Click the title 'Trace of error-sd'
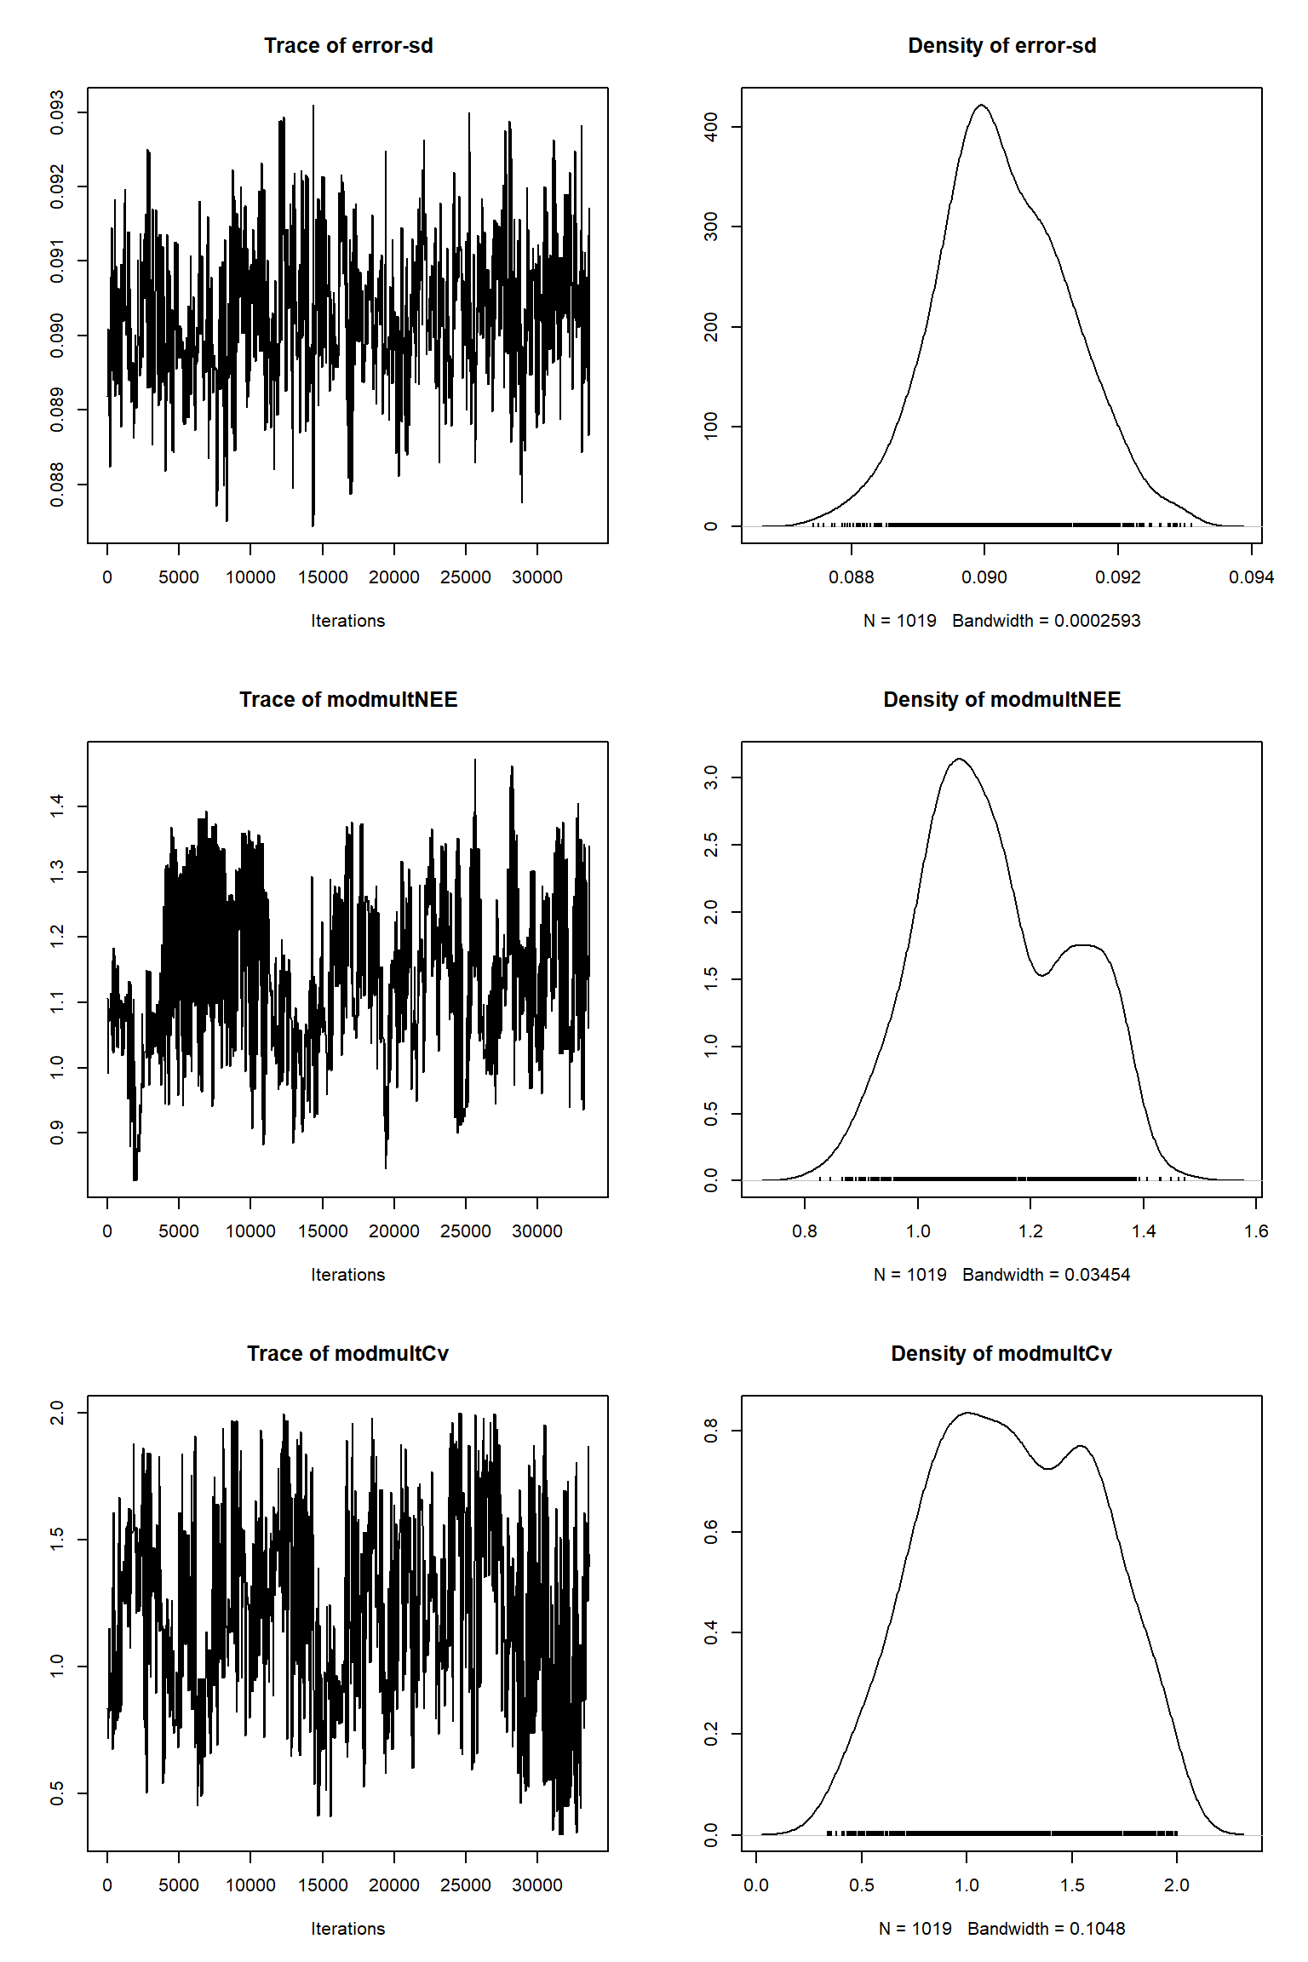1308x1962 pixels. point(348,46)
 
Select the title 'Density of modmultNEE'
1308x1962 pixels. point(1001,700)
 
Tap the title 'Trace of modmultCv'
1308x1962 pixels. point(347,1354)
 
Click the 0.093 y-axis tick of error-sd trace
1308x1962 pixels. point(57,112)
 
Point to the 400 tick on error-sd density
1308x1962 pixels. point(711,128)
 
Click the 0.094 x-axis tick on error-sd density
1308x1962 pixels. point(1251,577)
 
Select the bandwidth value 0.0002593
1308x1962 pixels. point(1097,621)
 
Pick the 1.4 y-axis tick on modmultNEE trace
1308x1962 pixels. point(57,806)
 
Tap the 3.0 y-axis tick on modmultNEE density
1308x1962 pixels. point(711,777)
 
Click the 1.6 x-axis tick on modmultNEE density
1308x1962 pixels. point(1256,1231)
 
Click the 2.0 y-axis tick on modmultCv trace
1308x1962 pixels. point(57,1413)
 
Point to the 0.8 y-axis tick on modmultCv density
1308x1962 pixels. point(711,1431)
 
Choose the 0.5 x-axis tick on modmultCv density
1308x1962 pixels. point(861,1885)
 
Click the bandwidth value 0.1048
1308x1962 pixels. point(1097,1929)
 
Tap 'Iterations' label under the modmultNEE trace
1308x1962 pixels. point(347,1275)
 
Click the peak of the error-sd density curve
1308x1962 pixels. point(982,106)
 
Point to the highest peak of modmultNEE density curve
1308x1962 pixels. point(960,759)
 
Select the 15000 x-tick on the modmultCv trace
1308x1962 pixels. point(322,1885)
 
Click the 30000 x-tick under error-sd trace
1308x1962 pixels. point(536,577)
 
